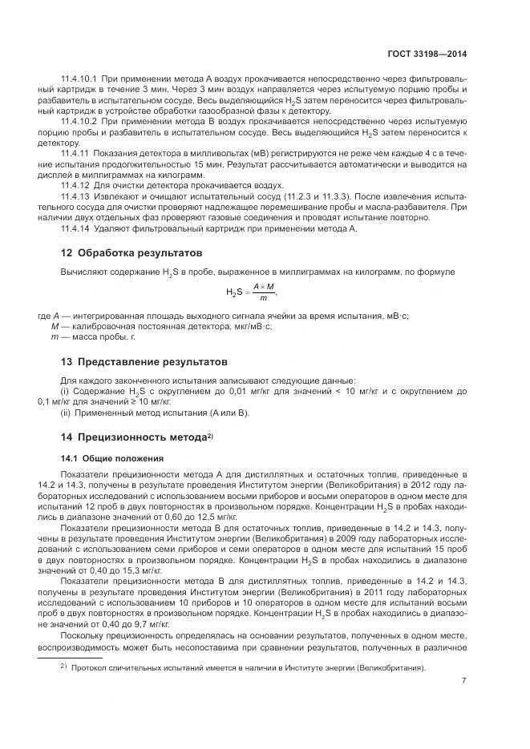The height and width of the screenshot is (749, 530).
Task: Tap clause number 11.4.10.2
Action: (79, 120)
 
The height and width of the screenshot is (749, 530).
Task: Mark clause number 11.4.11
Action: (74, 152)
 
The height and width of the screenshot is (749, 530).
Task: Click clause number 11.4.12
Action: (74, 183)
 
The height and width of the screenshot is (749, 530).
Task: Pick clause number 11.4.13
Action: (74, 195)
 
